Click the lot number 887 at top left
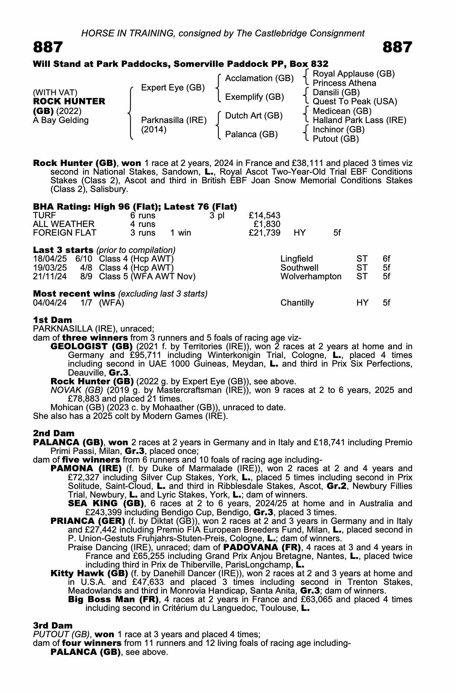click(x=48, y=47)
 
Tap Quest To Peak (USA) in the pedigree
click(x=355, y=102)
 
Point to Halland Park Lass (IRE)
click(x=359, y=120)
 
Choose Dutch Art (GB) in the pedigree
click(x=254, y=115)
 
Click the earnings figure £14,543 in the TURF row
click(x=265, y=216)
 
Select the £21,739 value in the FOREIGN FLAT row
click(x=265, y=233)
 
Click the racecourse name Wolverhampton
click(x=311, y=277)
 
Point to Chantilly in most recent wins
click(x=297, y=303)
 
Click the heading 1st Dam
click(x=52, y=320)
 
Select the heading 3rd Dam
click(x=53, y=625)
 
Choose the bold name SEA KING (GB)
click(x=106, y=503)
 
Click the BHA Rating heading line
click(x=135, y=207)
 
